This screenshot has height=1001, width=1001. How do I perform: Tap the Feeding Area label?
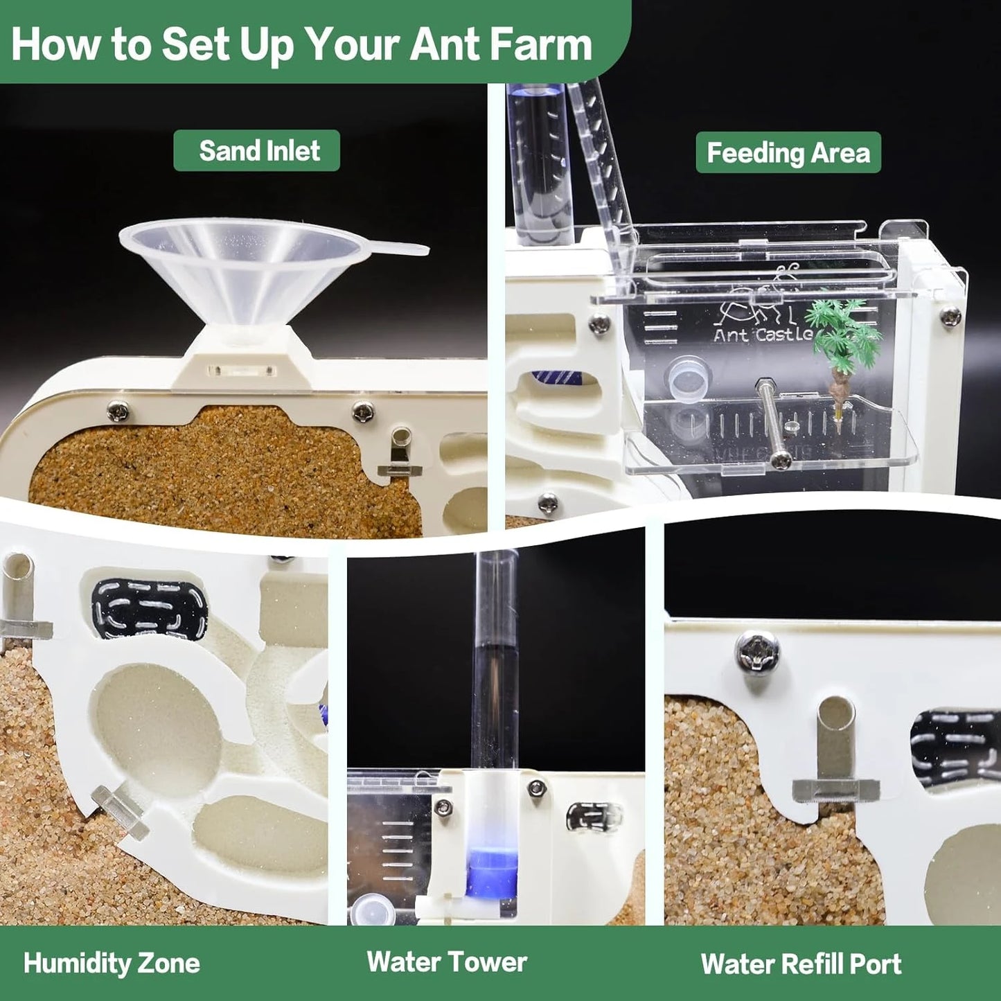pyautogui.click(x=788, y=152)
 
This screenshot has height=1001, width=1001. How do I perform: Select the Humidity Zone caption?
pyautogui.click(x=112, y=963)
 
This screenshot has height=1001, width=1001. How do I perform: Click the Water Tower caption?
pyautogui.click(x=447, y=962)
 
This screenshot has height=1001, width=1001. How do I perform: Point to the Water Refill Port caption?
pyautogui.click(x=801, y=964)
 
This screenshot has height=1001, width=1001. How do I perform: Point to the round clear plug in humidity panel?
pyautogui.click(x=119, y=812)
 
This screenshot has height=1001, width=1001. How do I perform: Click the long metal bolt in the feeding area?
pyautogui.click(x=771, y=423)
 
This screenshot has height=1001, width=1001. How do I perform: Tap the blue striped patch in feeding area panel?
pyautogui.click(x=556, y=378)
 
